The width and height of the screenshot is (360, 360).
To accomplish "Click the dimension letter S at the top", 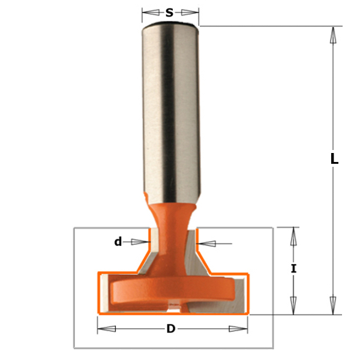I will pyautogui.click(x=170, y=12).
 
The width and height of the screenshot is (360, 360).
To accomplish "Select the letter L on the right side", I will pyautogui.click(x=334, y=160).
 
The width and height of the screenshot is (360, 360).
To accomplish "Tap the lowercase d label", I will pyautogui.click(x=118, y=242).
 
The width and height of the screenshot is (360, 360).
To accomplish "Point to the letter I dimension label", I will pyautogui.click(x=293, y=269).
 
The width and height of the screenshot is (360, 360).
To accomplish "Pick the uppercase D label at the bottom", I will pyautogui.click(x=171, y=329).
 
